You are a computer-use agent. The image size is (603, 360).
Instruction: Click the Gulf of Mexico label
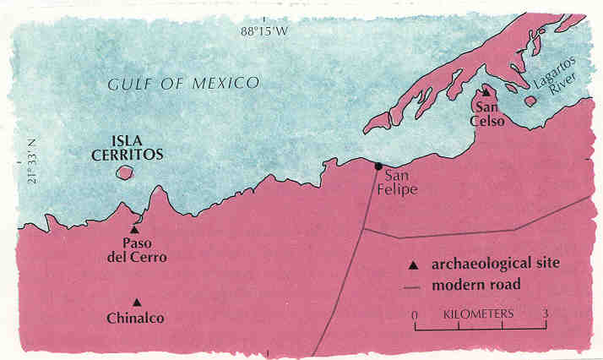[182, 83]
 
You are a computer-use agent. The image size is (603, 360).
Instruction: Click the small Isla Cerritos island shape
[126, 173]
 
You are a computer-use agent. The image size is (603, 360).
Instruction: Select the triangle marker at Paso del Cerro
[134, 229]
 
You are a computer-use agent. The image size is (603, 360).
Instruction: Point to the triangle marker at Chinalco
[136, 303]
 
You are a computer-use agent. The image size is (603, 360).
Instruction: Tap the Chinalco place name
[136, 319]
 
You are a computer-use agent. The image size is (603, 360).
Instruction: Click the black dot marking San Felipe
[379, 166]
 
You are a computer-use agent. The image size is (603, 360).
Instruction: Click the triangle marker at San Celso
[486, 93]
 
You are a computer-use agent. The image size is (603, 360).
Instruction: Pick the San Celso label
[490, 114]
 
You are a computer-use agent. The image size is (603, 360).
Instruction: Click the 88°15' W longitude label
[267, 10]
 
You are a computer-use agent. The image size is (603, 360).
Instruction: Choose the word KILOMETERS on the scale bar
[479, 314]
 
